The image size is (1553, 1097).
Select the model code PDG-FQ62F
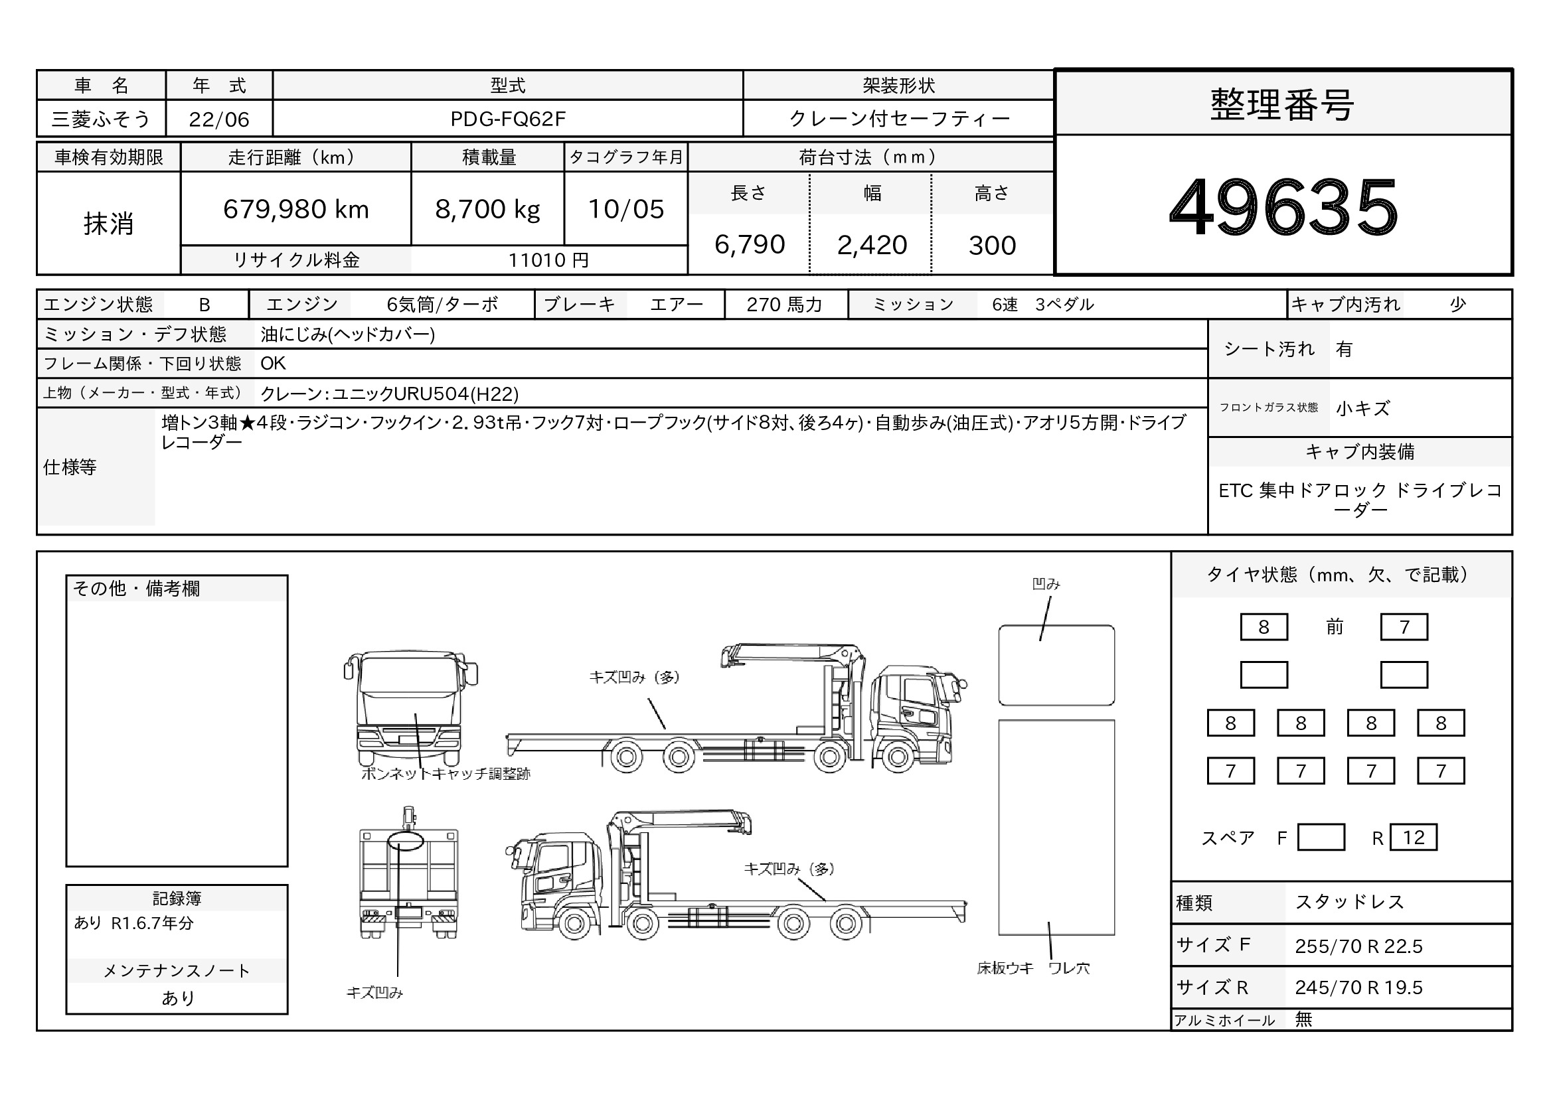508,119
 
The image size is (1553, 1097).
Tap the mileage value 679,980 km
296,210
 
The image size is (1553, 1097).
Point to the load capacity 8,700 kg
488,210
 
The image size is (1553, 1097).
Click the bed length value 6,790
750,245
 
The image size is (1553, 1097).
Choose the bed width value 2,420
872,245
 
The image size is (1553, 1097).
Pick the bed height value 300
992,246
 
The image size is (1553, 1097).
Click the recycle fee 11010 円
548,260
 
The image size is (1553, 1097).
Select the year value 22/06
219,119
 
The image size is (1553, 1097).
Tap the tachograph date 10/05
626,210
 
